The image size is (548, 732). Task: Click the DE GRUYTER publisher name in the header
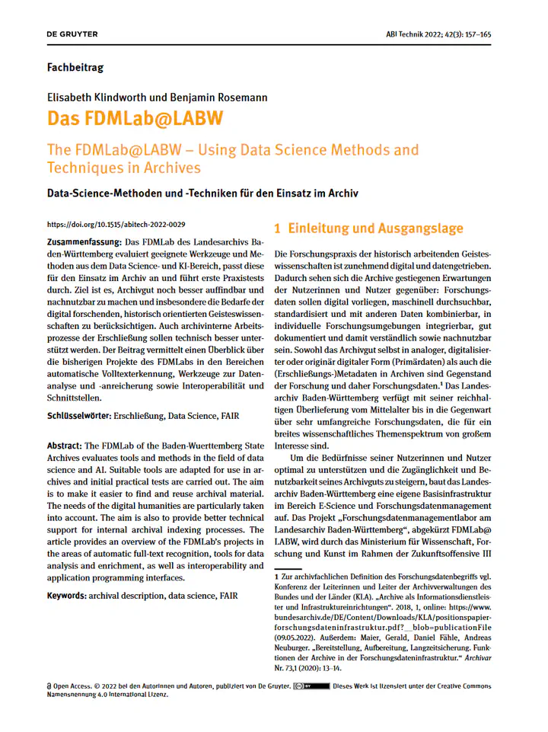[x=72, y=34]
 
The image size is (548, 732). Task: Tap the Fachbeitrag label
[x=75, y=68]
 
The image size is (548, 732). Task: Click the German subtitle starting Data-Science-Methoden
[x=202, y=193]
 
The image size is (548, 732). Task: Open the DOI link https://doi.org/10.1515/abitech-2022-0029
[x=116, y=225]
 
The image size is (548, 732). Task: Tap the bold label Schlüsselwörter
[x=78, y=417]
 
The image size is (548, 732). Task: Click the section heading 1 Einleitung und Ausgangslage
[x=368, y=229]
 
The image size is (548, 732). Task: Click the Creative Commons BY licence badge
[x=311, y=686]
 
